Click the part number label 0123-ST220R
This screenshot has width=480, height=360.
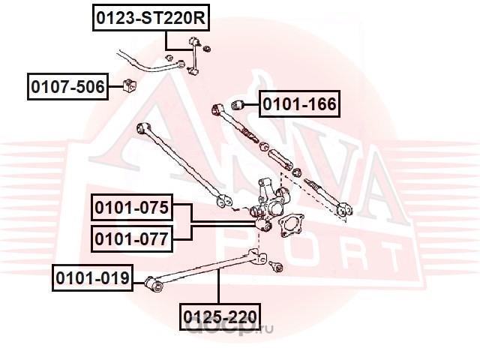click(x=151, y=18)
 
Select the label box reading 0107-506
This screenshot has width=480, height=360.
click(x=67, y=87)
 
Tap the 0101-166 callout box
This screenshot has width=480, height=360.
click(x=299, y=103)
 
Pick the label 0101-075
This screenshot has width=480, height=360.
click(x=132, y=207)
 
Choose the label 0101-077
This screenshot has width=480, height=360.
click(x=132, y=238)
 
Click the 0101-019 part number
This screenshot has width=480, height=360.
click(x=92, y=278)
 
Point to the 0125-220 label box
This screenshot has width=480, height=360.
click(x=220, y=316)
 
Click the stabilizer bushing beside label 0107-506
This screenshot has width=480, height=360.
click(x=130, y=85)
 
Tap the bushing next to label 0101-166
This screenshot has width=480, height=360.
click(x=237, y=105)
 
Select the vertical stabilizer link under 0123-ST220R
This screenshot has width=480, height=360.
click(x=193, y=57)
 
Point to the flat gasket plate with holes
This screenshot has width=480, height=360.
click(x=290, y=225)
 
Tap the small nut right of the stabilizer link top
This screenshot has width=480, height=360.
click(x=207, y=48)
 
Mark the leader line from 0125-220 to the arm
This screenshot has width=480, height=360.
click(x=218, y=286)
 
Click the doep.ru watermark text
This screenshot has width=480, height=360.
click(x=229, y=328)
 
